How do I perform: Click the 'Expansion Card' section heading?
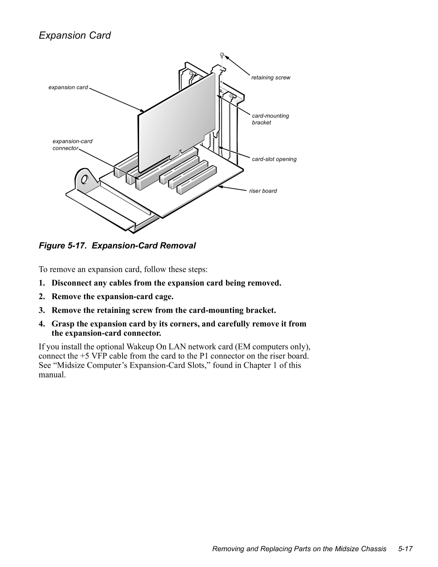[75, 36]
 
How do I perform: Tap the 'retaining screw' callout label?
[271, 78]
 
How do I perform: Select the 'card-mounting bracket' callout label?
[270, 119]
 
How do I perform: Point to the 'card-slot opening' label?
[274, 159]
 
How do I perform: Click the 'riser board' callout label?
[263, 191]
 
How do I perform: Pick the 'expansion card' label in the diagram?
[68, 87]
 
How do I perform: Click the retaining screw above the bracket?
[222, 55]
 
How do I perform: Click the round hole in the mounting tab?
[84, 179]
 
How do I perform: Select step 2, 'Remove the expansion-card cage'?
[112, 297]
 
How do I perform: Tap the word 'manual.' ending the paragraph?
[52, 375]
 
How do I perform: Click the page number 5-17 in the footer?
[405, 549]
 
